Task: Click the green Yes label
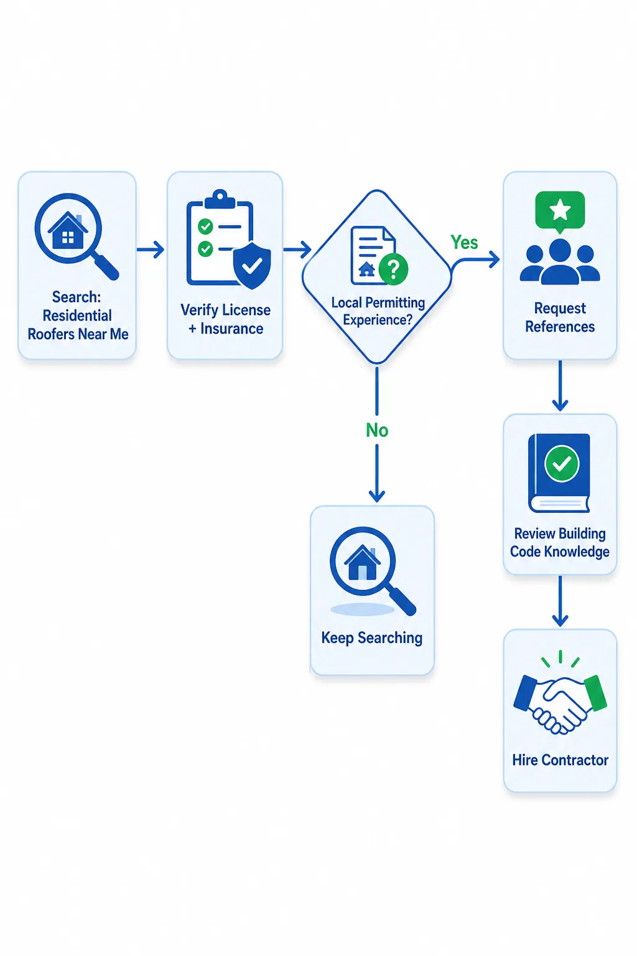[x=464, y=242]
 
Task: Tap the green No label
[x=377, y=430]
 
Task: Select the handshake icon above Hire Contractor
[x=560, y=698]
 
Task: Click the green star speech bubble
[x=560, y=212]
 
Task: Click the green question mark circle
[x=393, y=268]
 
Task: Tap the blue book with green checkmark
[x=559, y=473]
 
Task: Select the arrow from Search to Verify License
[x=151, y=249]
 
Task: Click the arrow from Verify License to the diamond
[x=297, y=249]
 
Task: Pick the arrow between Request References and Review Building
[x=560, y=385]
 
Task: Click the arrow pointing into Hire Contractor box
[x=560, y=601]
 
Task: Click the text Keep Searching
[x=371, y=638]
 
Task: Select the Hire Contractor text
[x=560, y=760]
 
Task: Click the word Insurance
[x=231, y=329]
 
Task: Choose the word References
[x=560, y=327]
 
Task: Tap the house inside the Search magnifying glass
[x=68, y=230]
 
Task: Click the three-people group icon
[x=560, y=261]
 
